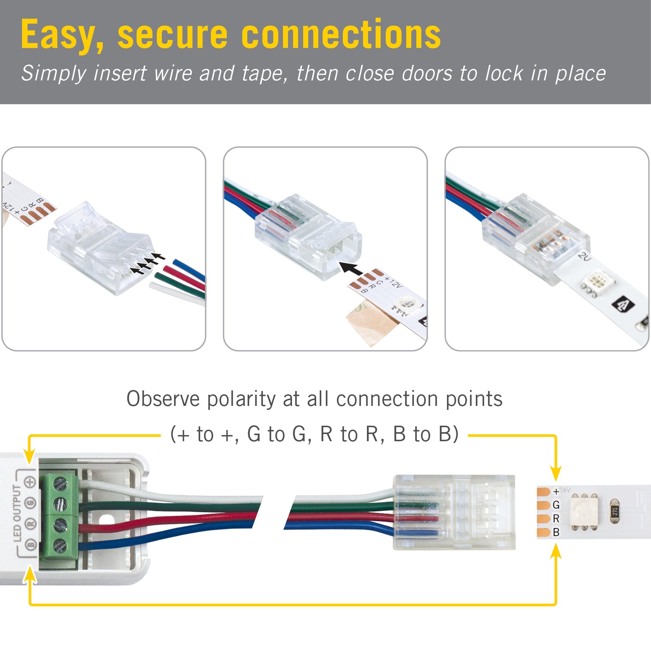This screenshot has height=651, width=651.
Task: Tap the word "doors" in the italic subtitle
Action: point(427,73)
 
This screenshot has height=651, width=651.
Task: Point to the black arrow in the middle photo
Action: point(351,269)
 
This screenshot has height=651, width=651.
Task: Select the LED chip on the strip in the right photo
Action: point(596,282)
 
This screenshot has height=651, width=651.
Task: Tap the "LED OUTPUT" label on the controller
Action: point(18,513)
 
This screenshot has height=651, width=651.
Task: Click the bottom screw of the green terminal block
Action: point(60,546)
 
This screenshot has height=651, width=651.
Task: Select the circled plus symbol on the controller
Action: point(30,482)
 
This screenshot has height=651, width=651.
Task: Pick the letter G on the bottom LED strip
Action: point(556,505)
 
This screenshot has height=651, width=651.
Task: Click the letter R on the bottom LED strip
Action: point(556,519)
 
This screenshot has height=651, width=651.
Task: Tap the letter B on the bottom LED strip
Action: point(556,532)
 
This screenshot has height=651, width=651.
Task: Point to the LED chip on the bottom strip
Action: point(584,511)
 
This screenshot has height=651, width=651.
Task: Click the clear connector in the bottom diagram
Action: point(454,512)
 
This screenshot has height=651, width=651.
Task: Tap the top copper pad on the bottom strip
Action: point(543,492)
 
